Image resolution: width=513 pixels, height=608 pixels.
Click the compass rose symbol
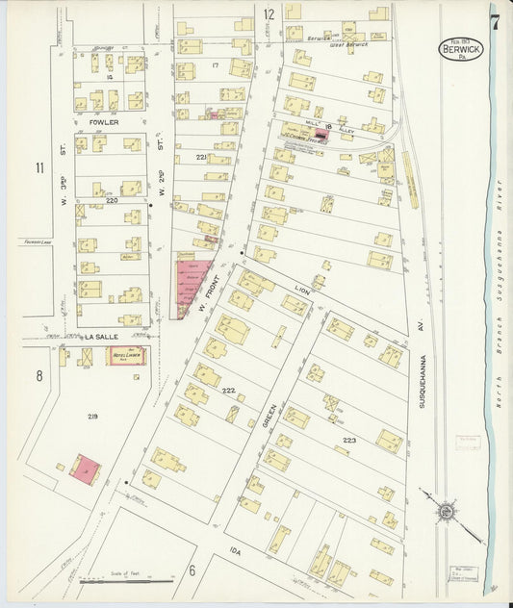[x=446, y=512]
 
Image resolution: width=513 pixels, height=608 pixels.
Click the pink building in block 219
[x=86, y=469]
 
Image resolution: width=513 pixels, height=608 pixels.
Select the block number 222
[x=228, y=391]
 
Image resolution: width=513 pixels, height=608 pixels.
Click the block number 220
[x=112, y=201]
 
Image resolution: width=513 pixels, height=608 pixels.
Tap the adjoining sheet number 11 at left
[x=39, y=169]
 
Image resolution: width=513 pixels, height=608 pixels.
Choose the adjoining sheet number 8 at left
[x=39, y=375]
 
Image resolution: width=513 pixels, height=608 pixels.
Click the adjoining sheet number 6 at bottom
[x=192, y=570]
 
